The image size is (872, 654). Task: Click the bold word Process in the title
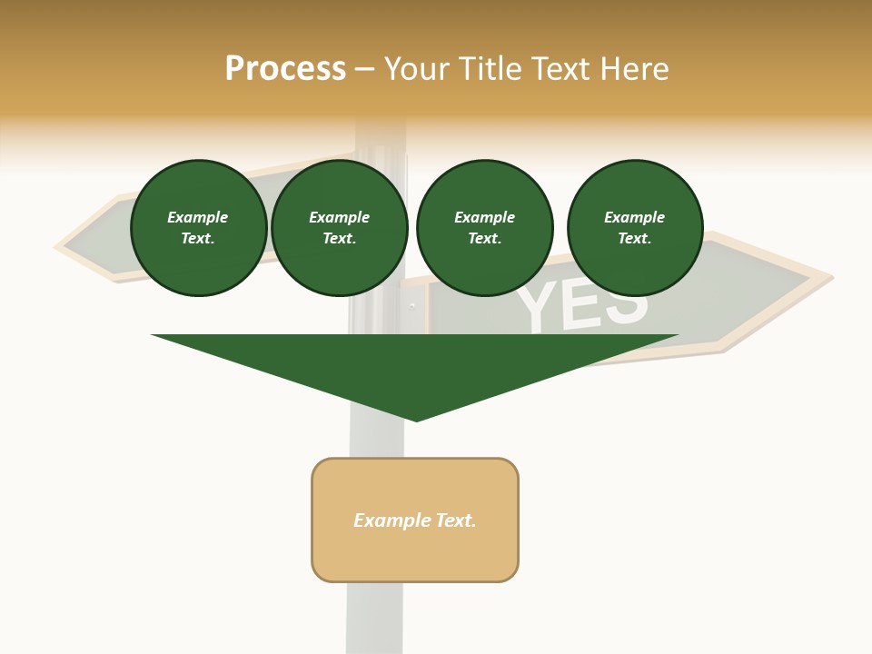point(285,69)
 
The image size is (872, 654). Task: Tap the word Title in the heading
point(489,69)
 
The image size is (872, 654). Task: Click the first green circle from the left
point(198,228)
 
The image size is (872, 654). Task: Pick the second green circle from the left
point(339,228)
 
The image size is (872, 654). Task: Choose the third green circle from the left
point(484,228)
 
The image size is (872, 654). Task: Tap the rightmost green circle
point(634,228)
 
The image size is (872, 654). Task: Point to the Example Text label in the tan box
point(415,520)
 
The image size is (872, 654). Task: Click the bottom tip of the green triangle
point(416,419)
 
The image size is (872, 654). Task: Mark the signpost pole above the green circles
point(380,145)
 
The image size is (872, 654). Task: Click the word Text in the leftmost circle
point(198,239)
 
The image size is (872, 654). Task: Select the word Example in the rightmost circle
point(634,217)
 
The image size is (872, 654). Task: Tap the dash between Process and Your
point(365,69)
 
